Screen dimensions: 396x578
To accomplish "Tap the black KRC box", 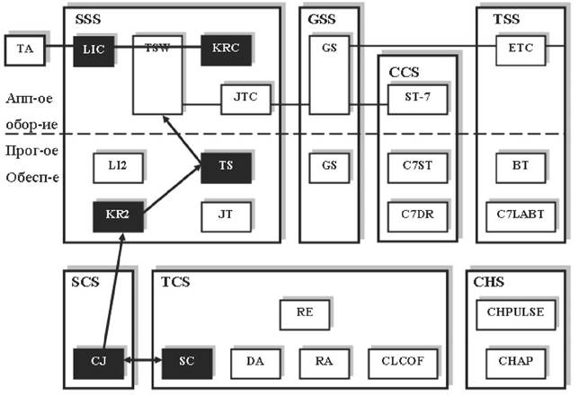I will point(227,49).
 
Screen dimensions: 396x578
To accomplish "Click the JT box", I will point(227,216).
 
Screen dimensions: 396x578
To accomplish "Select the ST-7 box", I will point(414,99).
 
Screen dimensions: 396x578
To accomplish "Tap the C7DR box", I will point(414,216).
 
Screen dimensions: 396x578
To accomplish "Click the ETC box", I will point(521,49).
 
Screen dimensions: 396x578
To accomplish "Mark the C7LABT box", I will point(521,216).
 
